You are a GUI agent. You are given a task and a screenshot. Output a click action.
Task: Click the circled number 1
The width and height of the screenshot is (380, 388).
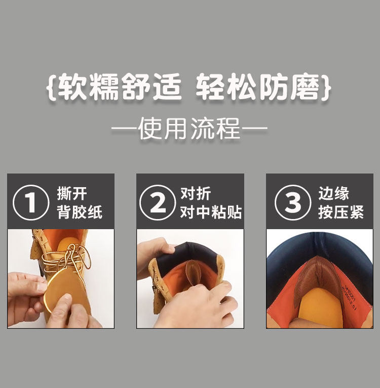pos(31,202)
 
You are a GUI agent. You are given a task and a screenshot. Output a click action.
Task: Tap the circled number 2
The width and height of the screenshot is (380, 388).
pos(158,202)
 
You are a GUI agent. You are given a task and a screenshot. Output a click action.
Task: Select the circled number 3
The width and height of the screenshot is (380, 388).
pos(292,202)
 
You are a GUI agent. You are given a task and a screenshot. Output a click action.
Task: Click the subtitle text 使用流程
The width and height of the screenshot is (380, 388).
pos(189,128)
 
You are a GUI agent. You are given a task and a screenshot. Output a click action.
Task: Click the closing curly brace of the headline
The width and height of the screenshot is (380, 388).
pos(326,87)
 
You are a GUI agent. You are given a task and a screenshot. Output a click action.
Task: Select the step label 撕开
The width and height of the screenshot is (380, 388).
pos(72,194)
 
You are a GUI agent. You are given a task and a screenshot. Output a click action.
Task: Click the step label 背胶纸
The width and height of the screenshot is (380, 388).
pos(80,212)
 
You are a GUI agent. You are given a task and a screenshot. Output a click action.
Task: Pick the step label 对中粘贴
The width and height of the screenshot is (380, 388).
pos(211,212)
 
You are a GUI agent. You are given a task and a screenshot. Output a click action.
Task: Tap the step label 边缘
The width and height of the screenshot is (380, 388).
pos(333,194)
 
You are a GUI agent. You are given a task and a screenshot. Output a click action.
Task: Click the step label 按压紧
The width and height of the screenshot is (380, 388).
pos(341,212)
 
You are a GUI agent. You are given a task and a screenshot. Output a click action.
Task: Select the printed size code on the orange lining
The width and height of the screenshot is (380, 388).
pos(349,297)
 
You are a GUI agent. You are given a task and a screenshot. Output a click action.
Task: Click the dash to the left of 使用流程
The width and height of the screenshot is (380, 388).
pos(124,128)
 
